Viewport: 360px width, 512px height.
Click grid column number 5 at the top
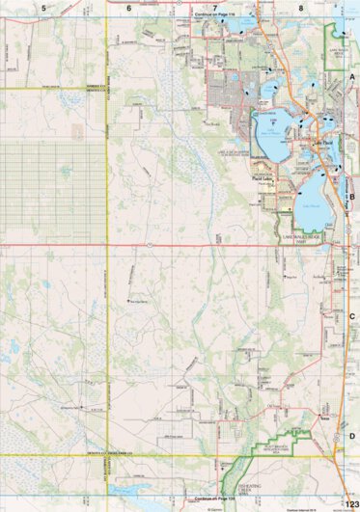point(43,7)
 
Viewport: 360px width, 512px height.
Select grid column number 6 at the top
point(128,7)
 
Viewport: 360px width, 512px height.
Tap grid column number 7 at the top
point(214,7)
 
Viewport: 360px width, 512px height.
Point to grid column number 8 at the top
point(300,7)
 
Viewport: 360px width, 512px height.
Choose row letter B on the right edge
point(352,196)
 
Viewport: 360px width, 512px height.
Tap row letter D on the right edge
point(352,436)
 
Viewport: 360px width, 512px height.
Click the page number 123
point(349,503)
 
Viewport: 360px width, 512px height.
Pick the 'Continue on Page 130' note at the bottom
point(214,499)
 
